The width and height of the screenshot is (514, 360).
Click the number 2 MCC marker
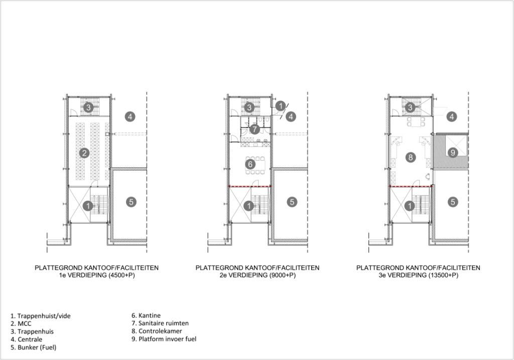[x=84, y=153]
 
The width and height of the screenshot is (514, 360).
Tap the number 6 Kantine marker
[x=250, y=164]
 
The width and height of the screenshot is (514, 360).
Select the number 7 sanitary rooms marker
[x=254, y=129]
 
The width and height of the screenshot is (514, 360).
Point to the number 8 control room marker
[x=410, y=157]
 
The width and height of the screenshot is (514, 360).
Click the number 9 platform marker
[x=453, y=153]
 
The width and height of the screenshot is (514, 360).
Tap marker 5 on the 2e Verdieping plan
[x=292, y=202]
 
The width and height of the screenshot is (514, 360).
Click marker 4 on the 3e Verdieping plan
[x=452, y=116]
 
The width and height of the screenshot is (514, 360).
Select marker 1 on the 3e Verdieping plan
[x=410, y=206]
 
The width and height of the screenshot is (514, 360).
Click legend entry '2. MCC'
[x=21, y=324]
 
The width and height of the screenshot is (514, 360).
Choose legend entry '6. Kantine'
[x=146, y=315]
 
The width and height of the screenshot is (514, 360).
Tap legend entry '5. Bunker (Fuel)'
[x=34, y=347]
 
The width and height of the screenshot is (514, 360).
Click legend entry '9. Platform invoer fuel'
[x=164, y=339]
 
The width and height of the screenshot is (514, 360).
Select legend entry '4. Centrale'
[x=26, y=339]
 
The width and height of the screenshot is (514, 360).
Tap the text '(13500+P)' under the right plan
[x=443, y=276]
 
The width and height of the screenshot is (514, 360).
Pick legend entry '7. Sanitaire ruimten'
[x=160, y=323]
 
